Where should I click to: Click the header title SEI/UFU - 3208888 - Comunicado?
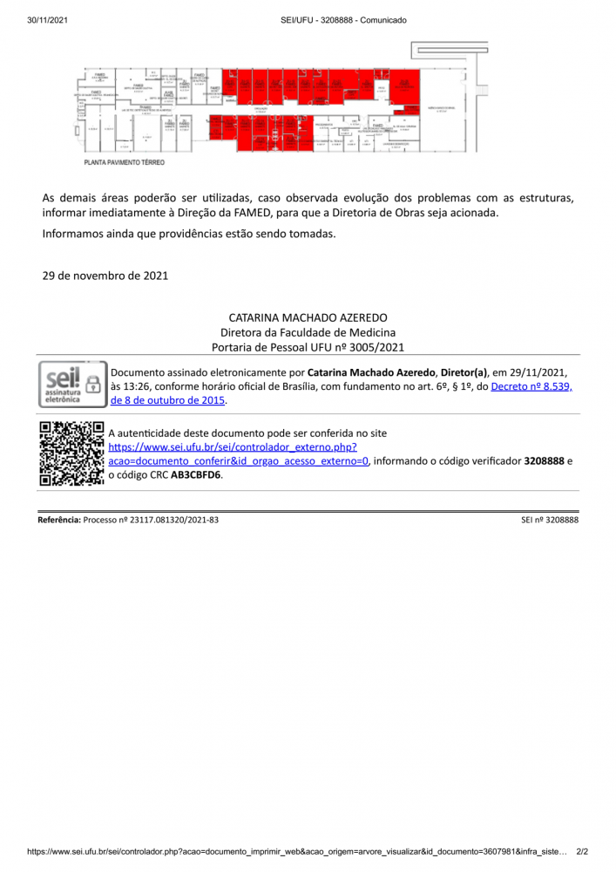click(344, 20)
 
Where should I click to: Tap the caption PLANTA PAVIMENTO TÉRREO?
click(124, 162)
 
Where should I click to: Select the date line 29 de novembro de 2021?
click(105, 276)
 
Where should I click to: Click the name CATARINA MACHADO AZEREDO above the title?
click(308, 318)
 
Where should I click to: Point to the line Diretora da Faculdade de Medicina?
click(308, 332)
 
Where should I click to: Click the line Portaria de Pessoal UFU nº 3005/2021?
click(308, 347)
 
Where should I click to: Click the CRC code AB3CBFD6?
click(196, 475)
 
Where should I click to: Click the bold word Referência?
click(58, 520)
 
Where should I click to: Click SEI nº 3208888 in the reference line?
click(550, 520)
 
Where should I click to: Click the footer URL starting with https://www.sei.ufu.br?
click(296, 851)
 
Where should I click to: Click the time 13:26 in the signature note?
click(139, 386)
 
